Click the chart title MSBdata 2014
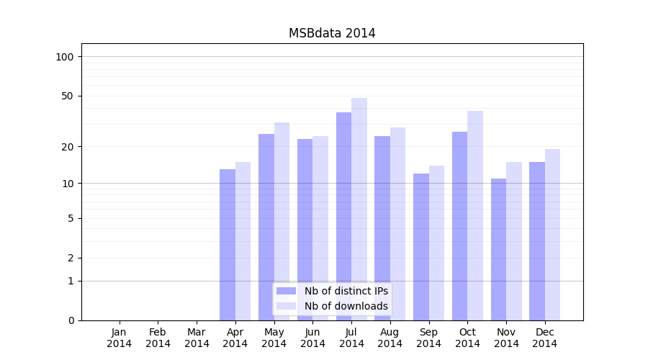click(x=332, y=33)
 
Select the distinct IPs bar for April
click(x=228, y=245)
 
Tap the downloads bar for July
click(x=359, y=209)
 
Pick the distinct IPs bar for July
click(x=343, y=216)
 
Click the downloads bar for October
click(x=475, y=216)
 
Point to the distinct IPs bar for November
click(x=498, y=249)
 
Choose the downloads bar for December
click(x=552, y=235)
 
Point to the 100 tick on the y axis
click(x=65, y=57)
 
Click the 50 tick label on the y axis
click(x=68, y=96)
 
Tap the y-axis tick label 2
click(x=71, y=258)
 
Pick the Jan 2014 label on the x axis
click(x=120, y=338)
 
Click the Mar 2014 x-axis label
click(x=197, y=338)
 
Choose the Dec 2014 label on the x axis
click(x=545, y=338)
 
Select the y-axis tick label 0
click(x=71, y=320)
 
